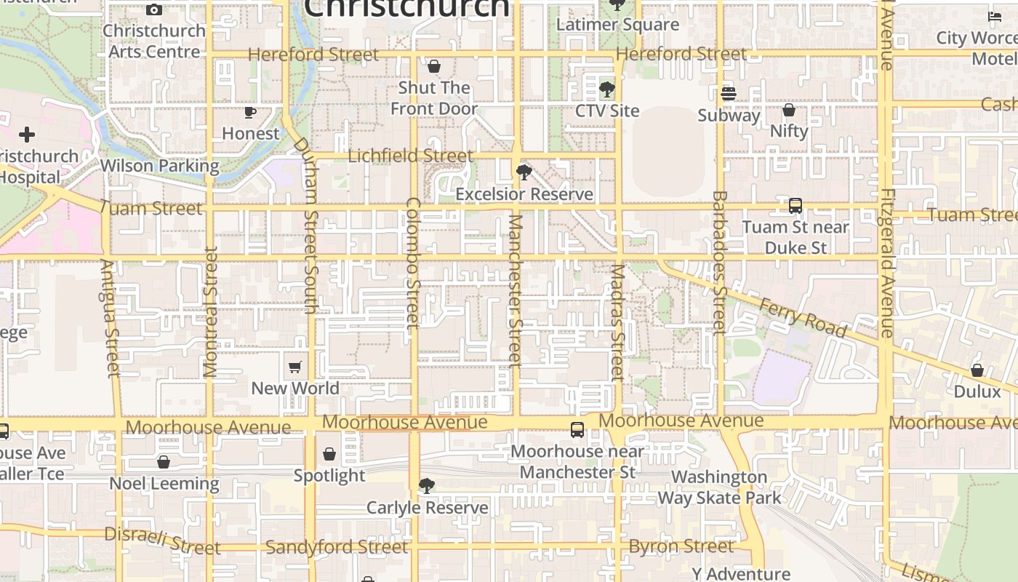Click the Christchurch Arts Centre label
pos(154,41)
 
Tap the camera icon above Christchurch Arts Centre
pos(154,9)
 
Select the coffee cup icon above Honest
pos(250,112)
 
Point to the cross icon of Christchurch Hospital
pos(27,135)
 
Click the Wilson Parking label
pos(159,166)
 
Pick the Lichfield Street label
pos(410,156)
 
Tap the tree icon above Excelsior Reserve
pos(524,173)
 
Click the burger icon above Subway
pos(729,94)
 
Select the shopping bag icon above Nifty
pos(789,110)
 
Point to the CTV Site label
pos(607,111)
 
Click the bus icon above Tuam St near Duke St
pos(795,206)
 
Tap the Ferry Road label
pos(803,318)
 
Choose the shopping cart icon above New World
pos(295,367)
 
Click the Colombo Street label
pos(412,262)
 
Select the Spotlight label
pos(329,476)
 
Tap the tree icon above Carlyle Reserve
pos(427,486)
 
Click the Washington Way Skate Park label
pos(719,487)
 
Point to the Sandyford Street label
pos(337,547)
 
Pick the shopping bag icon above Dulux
pos(977,370)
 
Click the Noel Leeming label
pos(164,484)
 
